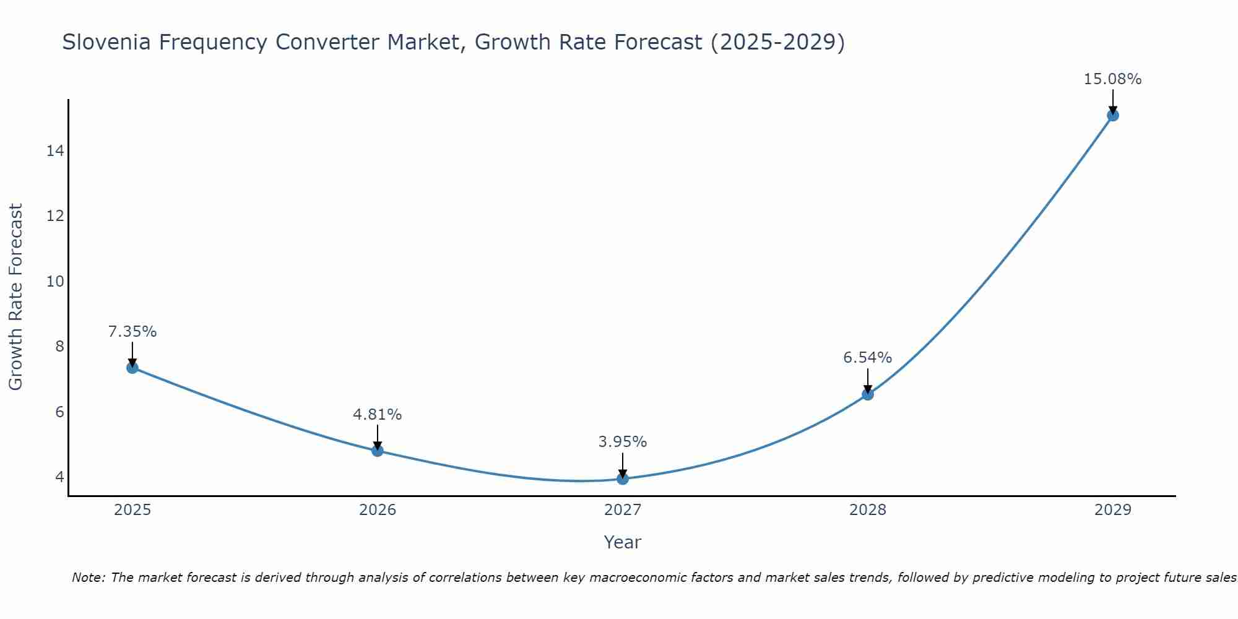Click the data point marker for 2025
pos(132,368)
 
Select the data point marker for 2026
pos(378,451)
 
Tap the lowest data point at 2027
pos(623,478)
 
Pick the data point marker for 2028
pos(868,394)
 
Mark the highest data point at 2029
pos(1113,115)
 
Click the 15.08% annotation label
pos(1112,79)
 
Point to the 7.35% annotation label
pos(132,332)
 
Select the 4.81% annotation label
pos(378,415)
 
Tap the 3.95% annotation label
pos(623,442)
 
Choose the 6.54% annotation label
pos(868,358)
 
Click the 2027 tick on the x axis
pos(623,510)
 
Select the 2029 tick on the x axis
pos(1113,510)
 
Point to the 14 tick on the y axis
pos(55,151)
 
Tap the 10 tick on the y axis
pos(55,282)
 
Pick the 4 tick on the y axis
pos(59,477)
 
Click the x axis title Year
pos(623,542)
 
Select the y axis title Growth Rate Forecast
pos(16,297)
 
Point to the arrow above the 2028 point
pos(868,380)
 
